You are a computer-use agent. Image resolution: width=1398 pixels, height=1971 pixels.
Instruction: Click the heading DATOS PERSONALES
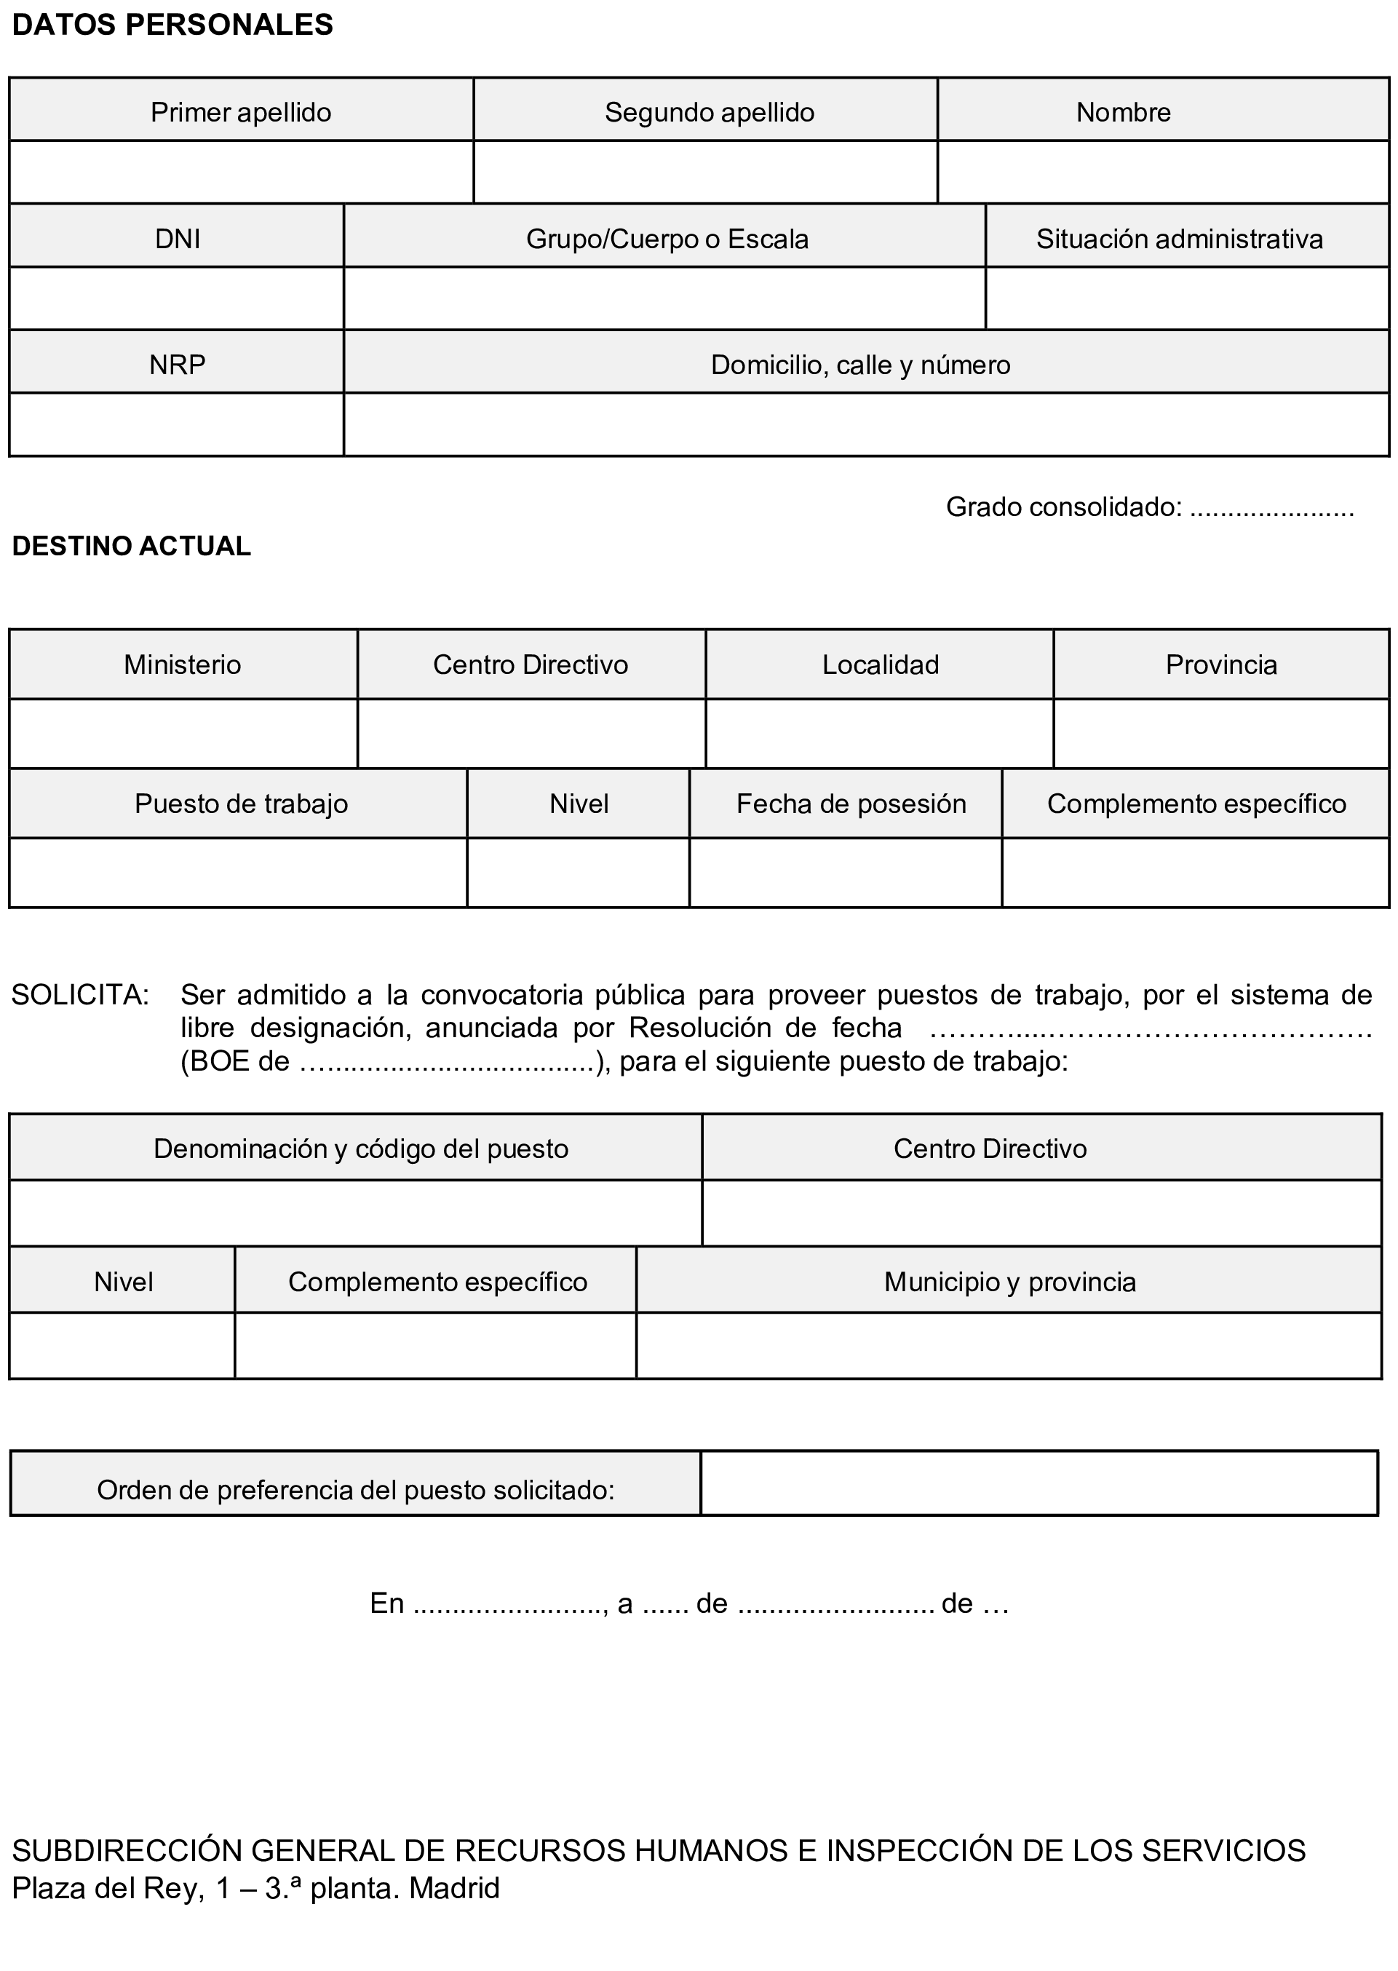click(172, 25)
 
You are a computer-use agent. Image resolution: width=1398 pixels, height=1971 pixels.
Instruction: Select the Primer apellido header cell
click(241, 112)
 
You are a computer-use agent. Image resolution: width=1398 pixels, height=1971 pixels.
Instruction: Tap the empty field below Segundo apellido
click(705, 172)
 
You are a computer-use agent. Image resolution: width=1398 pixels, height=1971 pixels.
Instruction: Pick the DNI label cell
click(178, 239)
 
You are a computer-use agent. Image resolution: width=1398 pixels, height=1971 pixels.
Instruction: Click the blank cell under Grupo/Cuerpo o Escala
click(664, 298)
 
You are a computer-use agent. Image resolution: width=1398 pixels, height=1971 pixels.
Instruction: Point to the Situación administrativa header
click(1180, 239)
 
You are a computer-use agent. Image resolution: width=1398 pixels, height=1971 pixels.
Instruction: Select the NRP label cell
click(178, 365)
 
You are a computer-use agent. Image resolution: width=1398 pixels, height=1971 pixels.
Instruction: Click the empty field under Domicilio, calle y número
click(865, 424)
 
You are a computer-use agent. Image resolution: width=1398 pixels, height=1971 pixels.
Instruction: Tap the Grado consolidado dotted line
click(1271, 508)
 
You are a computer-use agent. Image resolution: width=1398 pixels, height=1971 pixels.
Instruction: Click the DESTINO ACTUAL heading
click(132, 546)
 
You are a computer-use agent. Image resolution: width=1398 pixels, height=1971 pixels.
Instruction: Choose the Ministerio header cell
click(183, 665)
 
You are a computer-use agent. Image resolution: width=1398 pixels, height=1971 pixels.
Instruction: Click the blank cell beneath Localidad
click(879, 734)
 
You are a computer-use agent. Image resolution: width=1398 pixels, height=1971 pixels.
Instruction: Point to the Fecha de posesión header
click(851, 804)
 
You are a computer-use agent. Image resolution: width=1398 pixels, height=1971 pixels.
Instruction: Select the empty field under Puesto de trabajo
click(239, 873)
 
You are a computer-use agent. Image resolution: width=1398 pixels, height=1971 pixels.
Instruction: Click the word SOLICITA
click(80, 995)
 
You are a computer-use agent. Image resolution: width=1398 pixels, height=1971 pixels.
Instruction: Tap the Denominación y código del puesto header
click(361, 1148)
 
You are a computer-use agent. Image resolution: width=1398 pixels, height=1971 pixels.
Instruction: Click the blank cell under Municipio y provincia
click(1009, 1345)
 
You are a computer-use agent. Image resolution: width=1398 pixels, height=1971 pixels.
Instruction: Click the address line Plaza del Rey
click(255, 1888)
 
